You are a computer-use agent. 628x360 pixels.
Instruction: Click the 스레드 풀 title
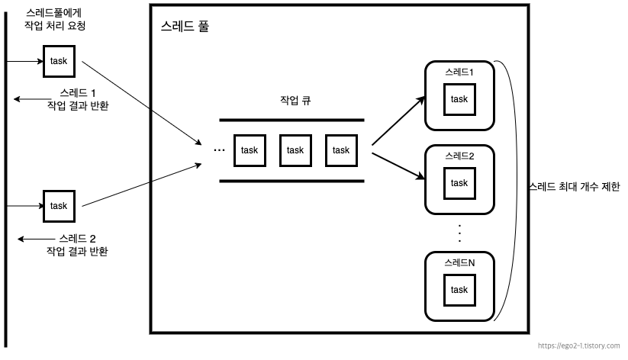tap(185, 26)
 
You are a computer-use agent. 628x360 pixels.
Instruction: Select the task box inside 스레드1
tap(459, 99)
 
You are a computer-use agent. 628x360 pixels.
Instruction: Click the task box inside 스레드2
tap(459, 183)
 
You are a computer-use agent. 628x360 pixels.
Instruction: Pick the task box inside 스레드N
tap(459, 290)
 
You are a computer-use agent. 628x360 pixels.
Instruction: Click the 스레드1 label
tap(459, 72)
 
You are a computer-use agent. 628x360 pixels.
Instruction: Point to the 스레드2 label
tap(459, 156)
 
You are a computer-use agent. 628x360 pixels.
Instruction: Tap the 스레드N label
tap(459, 262)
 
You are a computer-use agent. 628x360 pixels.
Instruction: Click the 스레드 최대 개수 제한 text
tap(574, 187)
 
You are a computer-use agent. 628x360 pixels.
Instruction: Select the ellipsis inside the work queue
tap(220, 149)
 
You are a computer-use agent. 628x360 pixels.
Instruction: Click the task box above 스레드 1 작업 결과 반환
tap(59, 60)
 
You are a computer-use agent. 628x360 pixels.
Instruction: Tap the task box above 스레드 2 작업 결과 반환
tap(59, 206)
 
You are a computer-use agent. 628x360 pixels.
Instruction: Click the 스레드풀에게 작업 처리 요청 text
tap(55, 19)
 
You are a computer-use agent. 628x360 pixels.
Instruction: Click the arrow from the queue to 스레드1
tap(398, 120)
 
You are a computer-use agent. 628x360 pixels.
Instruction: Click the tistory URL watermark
tap(579, 346)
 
